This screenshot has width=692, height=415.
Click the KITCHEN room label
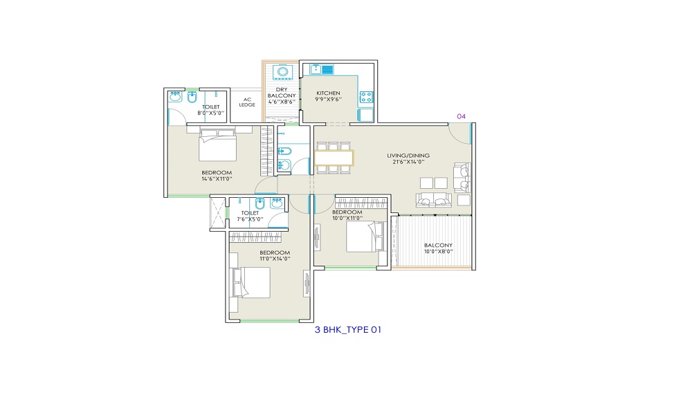click(328, 93)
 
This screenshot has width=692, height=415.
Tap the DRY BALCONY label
click(282, 93)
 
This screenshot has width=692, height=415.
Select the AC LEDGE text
click(247, 102)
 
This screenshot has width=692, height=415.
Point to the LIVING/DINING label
click(408, 156)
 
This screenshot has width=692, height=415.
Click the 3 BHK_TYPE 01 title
click(348, 329)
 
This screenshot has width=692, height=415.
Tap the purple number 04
click(461, 116)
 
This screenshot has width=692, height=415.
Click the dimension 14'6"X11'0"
click(217, 179)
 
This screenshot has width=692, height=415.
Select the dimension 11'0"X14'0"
click(275, 259)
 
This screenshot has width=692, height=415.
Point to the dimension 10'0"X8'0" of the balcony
click(438, 252)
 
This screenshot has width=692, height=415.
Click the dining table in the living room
click(334, 158)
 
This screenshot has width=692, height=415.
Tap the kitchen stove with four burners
click(366, 97)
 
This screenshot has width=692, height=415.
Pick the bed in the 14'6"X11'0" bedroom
click(217, 145)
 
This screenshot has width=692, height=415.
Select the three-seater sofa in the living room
click(434, 199)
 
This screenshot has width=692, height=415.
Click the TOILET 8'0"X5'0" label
click(211, 110)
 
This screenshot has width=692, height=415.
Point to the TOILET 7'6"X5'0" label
click(250, 216)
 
